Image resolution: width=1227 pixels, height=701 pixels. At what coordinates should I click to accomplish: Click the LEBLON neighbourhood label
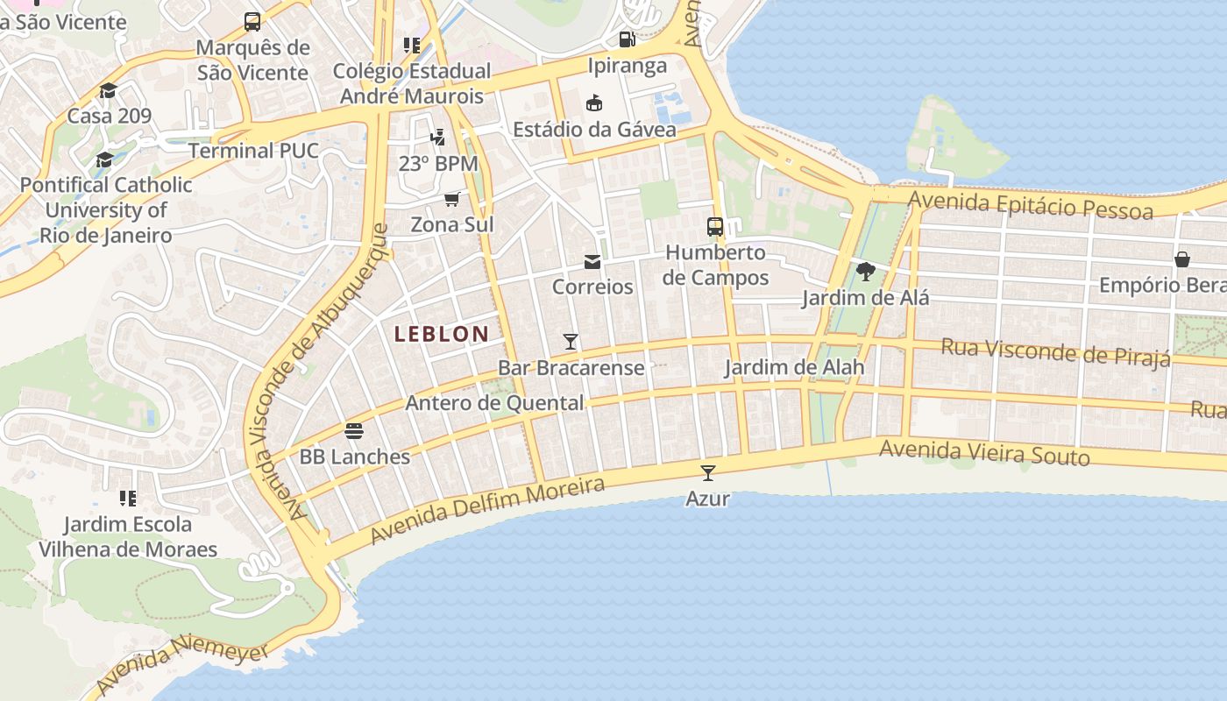pos(441,334)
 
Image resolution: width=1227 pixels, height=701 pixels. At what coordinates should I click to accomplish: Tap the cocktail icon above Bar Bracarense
pos(571,341)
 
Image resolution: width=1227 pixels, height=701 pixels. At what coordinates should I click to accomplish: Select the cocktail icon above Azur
pos(708,473)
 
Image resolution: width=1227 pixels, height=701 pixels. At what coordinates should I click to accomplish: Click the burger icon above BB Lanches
pos(354,431)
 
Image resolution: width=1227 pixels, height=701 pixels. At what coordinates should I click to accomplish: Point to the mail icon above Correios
pos(592,261)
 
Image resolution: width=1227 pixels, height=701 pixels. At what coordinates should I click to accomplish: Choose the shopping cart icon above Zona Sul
pos(452,199)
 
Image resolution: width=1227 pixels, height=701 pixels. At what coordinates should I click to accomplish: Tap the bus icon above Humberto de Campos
pos(715,227)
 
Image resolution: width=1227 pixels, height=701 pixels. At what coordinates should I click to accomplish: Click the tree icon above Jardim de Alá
pos(865,272)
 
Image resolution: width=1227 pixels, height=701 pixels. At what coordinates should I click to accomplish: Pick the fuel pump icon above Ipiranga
pos(627,39)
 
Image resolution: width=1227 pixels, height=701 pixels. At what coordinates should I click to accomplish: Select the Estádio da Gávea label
pos(594,130)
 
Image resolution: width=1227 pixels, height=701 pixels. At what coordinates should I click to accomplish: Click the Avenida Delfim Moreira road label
pos(487,509)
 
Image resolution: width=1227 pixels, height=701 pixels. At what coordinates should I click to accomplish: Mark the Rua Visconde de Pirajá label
pos(1055,352)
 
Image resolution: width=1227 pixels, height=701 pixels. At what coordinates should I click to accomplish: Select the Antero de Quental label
pos(494,403)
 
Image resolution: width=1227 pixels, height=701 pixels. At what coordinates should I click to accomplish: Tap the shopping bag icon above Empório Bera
pos(1182,259)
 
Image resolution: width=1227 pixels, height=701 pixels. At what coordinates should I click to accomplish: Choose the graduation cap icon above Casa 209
pos(109,91)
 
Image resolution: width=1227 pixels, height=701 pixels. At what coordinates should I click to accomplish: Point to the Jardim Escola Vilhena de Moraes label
pos(128,537)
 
